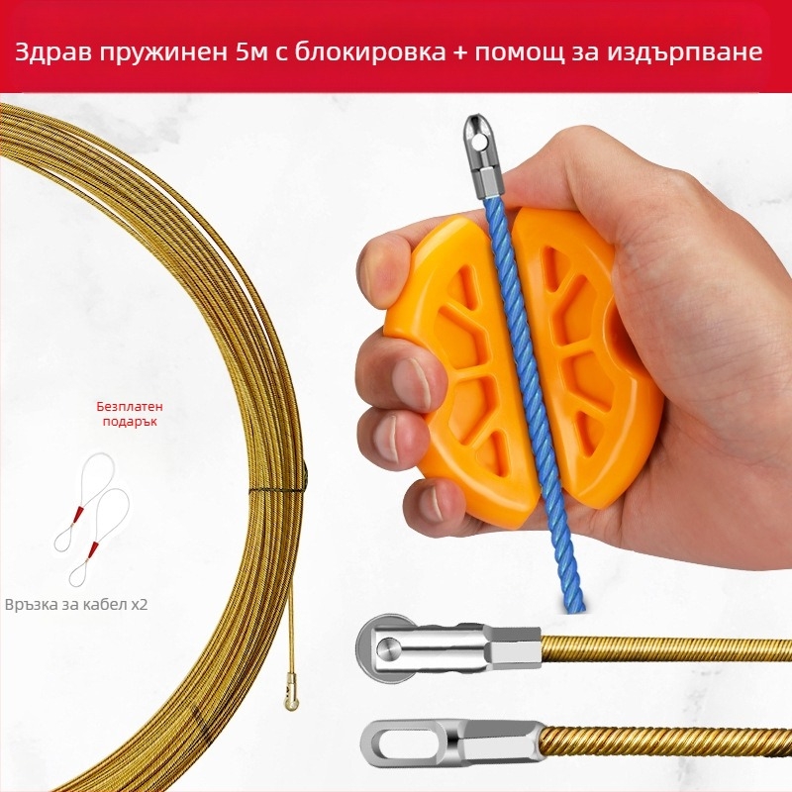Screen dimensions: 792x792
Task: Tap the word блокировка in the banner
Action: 369,53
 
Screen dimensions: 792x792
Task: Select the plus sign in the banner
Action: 460,53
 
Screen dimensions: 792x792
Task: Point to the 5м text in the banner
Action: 252,52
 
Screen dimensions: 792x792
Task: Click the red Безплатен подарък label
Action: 130,414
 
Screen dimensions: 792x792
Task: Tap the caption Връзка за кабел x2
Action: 76,604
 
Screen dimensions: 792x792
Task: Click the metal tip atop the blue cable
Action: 482,156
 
